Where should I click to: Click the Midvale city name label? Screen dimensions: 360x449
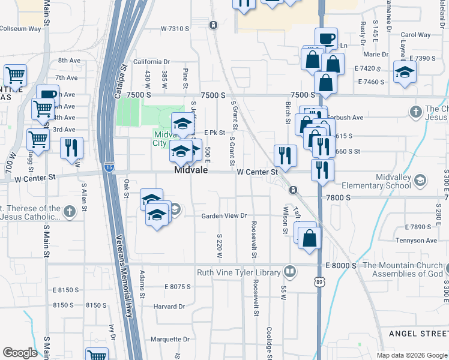coord(191,170)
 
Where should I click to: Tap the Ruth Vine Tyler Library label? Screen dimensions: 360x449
coord(239,273)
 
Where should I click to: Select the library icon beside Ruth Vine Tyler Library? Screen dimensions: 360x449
coord(291,272)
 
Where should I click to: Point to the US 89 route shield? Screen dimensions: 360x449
coord(318,280)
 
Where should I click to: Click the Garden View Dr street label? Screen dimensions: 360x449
coord(224,215)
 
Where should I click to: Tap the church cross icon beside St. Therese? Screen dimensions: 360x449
coord(70,211)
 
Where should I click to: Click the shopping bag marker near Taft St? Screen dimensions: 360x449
coord(309,237)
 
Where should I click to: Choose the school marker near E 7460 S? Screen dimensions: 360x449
coord(405,74)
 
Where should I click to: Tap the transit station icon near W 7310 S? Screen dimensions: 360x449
coord(212,25)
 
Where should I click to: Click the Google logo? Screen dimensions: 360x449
coord(20,352)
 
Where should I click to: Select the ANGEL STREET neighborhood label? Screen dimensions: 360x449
coord(418,334)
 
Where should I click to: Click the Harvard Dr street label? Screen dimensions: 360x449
coord(169,306)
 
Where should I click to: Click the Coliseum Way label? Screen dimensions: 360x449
coord(20,28)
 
